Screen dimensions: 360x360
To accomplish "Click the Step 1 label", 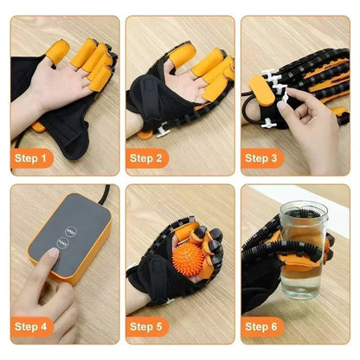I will coord(32,158).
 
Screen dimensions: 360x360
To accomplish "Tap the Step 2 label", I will coord(146,158).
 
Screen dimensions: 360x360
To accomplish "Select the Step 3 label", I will coord(260,158).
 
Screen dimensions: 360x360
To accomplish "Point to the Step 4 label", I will coord(32,326).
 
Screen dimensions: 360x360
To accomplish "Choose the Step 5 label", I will coord(146,326).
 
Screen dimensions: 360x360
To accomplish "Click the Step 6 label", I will coord(260,326).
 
